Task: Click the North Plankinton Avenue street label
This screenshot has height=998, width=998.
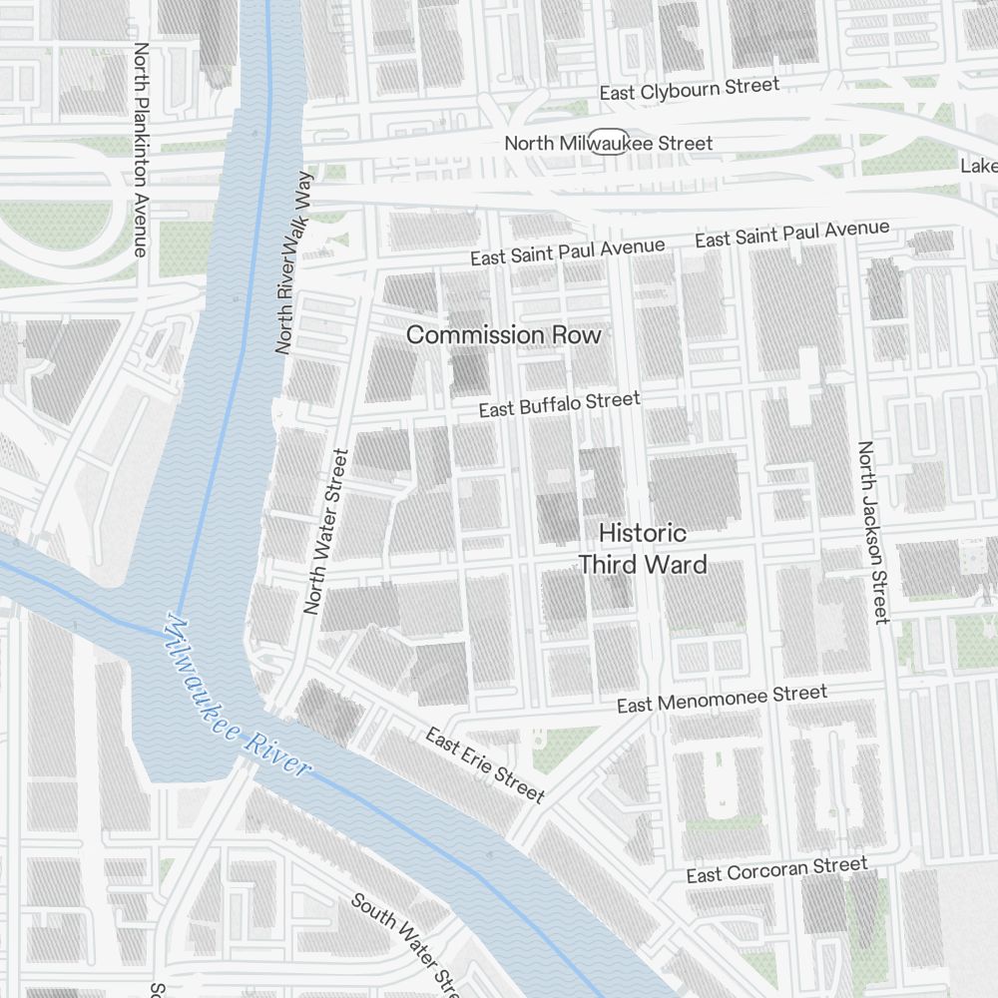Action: pyautogui.click(x=141, y=149)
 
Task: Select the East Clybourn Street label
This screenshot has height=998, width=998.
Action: pyautogui.click(x=689, y=90)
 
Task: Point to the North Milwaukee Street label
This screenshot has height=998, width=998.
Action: pyautogui.click(x=609, y=143)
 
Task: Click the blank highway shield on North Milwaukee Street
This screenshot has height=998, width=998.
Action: pyautogui.click(x=609, y=142)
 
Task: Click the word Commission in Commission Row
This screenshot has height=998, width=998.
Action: pyautogui.click(x=473, y=335)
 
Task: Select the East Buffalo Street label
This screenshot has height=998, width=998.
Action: pyautogui.click(x=559, y=404)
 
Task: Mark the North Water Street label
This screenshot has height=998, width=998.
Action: pyautogui.click(x=326, y=531)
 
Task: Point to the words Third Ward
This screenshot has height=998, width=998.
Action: pyautogui.click(x=643, y=565)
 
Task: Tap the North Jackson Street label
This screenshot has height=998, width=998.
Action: pyautogui.click(x=872, y=533)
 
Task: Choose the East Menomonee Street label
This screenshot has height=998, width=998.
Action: pyautogui.click(x=722, y=699)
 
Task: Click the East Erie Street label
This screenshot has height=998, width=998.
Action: pyautogui.click(x=485, y=765)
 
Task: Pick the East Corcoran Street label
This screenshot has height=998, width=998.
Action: pyautogui.click(x=776, y=869)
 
